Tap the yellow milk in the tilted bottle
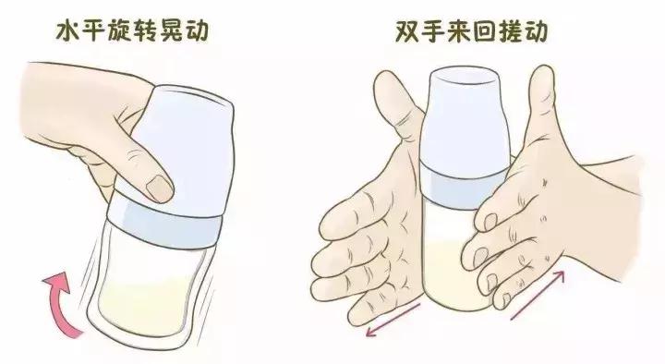tap(152, 296)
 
